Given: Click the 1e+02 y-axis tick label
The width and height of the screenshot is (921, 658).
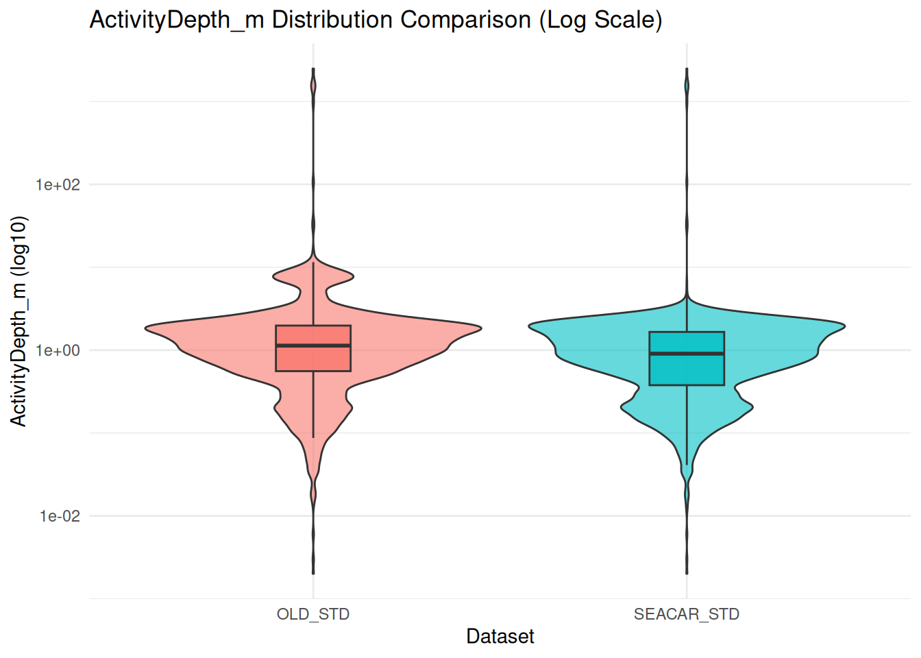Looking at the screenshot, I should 58,184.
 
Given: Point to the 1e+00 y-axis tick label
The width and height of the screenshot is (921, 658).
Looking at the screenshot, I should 58,350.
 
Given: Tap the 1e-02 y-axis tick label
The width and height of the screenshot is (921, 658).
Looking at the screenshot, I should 59,516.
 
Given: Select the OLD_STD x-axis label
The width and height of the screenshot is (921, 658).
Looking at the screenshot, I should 313,614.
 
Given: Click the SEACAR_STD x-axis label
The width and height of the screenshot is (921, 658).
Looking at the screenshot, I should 687,614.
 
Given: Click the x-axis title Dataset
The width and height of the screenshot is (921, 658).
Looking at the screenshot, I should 500,636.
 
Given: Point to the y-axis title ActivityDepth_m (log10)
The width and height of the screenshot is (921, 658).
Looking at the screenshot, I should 19,321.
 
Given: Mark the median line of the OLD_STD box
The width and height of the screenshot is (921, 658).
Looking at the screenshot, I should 313,345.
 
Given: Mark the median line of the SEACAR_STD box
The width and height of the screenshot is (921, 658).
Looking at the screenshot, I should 687,354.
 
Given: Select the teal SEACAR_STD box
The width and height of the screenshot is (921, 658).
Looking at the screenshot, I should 687,371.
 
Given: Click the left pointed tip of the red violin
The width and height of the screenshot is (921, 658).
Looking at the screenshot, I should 146,328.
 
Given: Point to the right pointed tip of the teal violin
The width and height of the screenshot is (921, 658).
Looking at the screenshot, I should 844,326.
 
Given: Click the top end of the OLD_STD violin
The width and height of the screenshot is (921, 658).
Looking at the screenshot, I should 313,69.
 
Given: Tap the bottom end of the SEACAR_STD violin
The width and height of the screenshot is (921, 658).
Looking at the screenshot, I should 687,573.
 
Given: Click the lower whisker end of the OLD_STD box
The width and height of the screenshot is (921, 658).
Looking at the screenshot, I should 313,437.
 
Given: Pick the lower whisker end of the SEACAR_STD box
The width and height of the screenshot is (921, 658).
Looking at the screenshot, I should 687,464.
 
